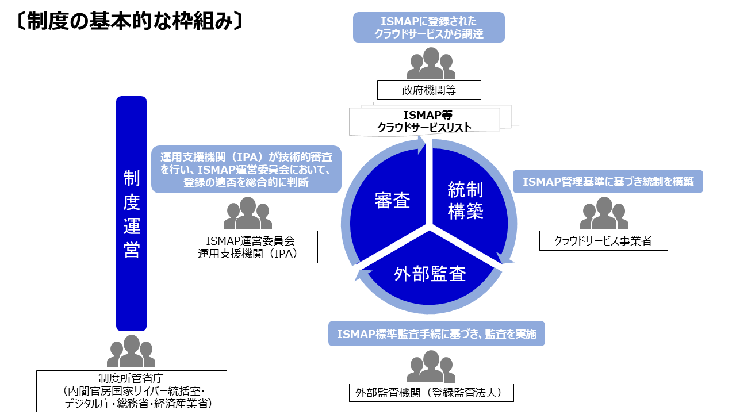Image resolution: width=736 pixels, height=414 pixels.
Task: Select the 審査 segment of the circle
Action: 391,201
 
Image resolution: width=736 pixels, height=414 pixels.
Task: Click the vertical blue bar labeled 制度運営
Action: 131,213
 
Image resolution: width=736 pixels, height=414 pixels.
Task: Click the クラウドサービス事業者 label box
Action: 603,241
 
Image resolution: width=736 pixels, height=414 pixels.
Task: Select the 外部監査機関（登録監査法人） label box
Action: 431,393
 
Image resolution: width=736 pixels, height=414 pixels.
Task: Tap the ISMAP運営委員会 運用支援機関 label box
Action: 250,247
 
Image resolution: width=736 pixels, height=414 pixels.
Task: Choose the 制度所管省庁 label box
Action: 132,391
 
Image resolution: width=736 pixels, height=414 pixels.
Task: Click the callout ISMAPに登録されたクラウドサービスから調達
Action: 428,28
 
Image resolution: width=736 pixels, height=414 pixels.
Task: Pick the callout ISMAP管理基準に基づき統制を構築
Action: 608,182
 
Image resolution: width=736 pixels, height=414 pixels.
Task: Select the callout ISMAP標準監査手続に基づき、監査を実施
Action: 436,334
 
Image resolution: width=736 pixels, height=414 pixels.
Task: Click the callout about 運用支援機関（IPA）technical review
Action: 246,169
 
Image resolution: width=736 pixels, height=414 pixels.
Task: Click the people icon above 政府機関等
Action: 431,64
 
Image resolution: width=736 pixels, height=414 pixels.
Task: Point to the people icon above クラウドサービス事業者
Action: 604,214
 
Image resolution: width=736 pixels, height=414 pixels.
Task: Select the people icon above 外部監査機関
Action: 431,367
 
